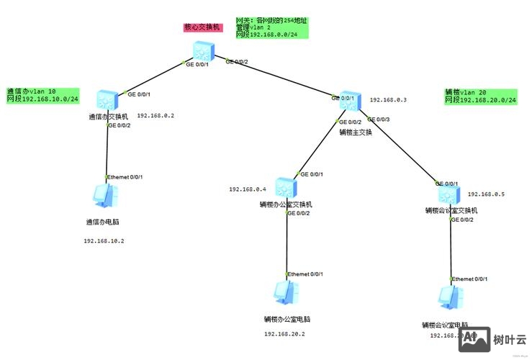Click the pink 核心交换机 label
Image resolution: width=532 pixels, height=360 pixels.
[202, 27]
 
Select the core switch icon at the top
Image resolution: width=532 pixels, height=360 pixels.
[203, 51]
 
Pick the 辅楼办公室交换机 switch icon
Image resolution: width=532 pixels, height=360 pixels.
[287, 186]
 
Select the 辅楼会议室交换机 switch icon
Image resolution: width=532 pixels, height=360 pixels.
[448, 194]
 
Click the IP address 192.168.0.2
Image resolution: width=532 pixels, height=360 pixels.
[155, 116]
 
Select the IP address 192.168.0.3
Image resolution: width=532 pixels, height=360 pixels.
[388, 100]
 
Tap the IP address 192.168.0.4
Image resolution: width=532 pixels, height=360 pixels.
[248, 189]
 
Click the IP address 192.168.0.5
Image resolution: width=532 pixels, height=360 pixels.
[487, 194]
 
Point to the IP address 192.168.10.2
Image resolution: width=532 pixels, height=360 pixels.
[104, 241]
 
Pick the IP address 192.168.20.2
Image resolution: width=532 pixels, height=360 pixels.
[284, 334]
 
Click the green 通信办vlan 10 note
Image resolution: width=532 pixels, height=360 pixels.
[42, 95]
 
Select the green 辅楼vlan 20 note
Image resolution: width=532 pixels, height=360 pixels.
[481, 96]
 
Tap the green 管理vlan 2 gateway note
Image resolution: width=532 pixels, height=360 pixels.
[272, 27]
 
